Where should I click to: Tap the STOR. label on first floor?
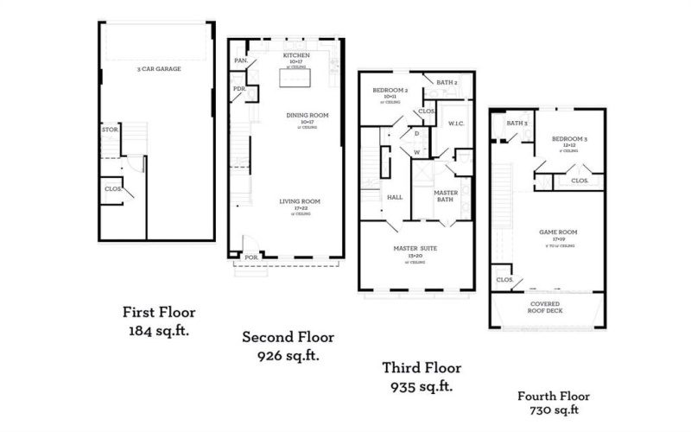pos(110,130)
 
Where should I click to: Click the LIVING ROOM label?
pos(300,201)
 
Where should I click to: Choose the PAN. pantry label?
pos(240,61)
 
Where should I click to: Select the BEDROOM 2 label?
pos(390,90)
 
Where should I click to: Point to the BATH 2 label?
pos(447,82)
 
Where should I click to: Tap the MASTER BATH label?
pos(446,196)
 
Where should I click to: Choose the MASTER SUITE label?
pos(416,248)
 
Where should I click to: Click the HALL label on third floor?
pos(395,197)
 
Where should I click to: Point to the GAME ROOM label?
pos(558,232)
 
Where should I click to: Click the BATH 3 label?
pos(517,123)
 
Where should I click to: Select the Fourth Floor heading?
pos(554,396)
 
